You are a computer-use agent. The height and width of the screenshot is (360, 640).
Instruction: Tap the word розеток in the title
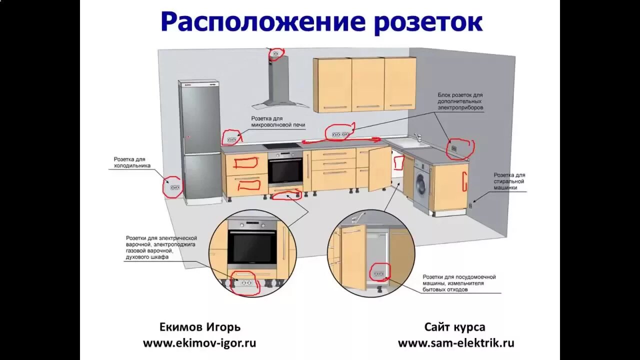click(428, 22)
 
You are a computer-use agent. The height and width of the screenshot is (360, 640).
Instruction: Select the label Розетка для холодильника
click(132, 162)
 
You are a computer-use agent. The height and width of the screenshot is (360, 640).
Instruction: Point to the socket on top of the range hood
click(275, 53)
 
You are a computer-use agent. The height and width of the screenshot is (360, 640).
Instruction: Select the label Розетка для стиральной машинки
click(509, 181)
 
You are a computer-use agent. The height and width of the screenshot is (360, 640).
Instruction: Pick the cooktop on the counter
click(281, 146)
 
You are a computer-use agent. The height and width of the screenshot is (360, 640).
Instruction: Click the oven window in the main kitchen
click(285, 171)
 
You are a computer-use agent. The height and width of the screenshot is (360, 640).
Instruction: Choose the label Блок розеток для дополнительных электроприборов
click(460, 101)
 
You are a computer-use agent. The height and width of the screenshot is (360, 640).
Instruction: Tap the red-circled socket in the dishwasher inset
click(378, 273)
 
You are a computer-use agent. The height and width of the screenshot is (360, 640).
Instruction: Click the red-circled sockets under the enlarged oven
click(246, 283)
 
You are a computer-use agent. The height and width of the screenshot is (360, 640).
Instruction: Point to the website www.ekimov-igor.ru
click(199, 343)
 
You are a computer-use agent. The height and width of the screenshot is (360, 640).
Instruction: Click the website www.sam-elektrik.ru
click(456, 343)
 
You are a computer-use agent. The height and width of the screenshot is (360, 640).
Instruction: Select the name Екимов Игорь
click(200, 327)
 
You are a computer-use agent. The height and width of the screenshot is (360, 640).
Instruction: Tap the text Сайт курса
click(454, 327)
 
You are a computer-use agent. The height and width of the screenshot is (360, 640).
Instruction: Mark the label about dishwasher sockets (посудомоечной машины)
click(459, 283)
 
